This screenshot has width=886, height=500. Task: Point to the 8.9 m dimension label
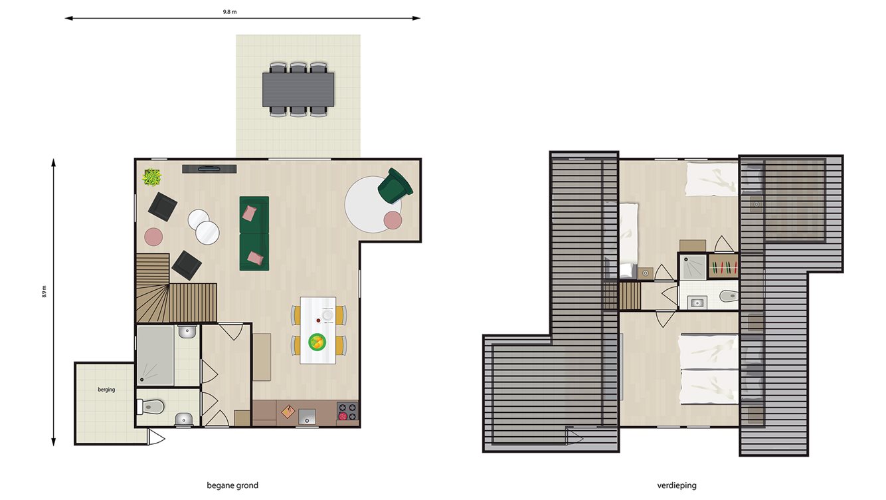pos(44,291)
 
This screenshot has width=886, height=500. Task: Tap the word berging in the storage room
pos(106,390)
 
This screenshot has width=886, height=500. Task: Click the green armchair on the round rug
pos(395,186)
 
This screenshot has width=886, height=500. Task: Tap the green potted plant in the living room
pos(152,177)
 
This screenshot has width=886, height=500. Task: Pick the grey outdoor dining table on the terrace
pos(298,89)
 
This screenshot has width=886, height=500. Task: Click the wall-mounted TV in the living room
pos(209,168)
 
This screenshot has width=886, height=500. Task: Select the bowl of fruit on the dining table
pos(318,342)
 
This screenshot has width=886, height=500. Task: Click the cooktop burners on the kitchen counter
pos(347,412)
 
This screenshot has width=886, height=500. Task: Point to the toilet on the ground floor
pos(152,404)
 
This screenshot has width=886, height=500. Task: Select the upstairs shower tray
pos(693,267)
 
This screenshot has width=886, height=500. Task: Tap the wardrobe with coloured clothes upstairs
pos(723,267)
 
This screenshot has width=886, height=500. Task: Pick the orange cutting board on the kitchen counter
pos(287,412)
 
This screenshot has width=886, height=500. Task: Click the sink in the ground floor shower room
pos(187,331)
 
